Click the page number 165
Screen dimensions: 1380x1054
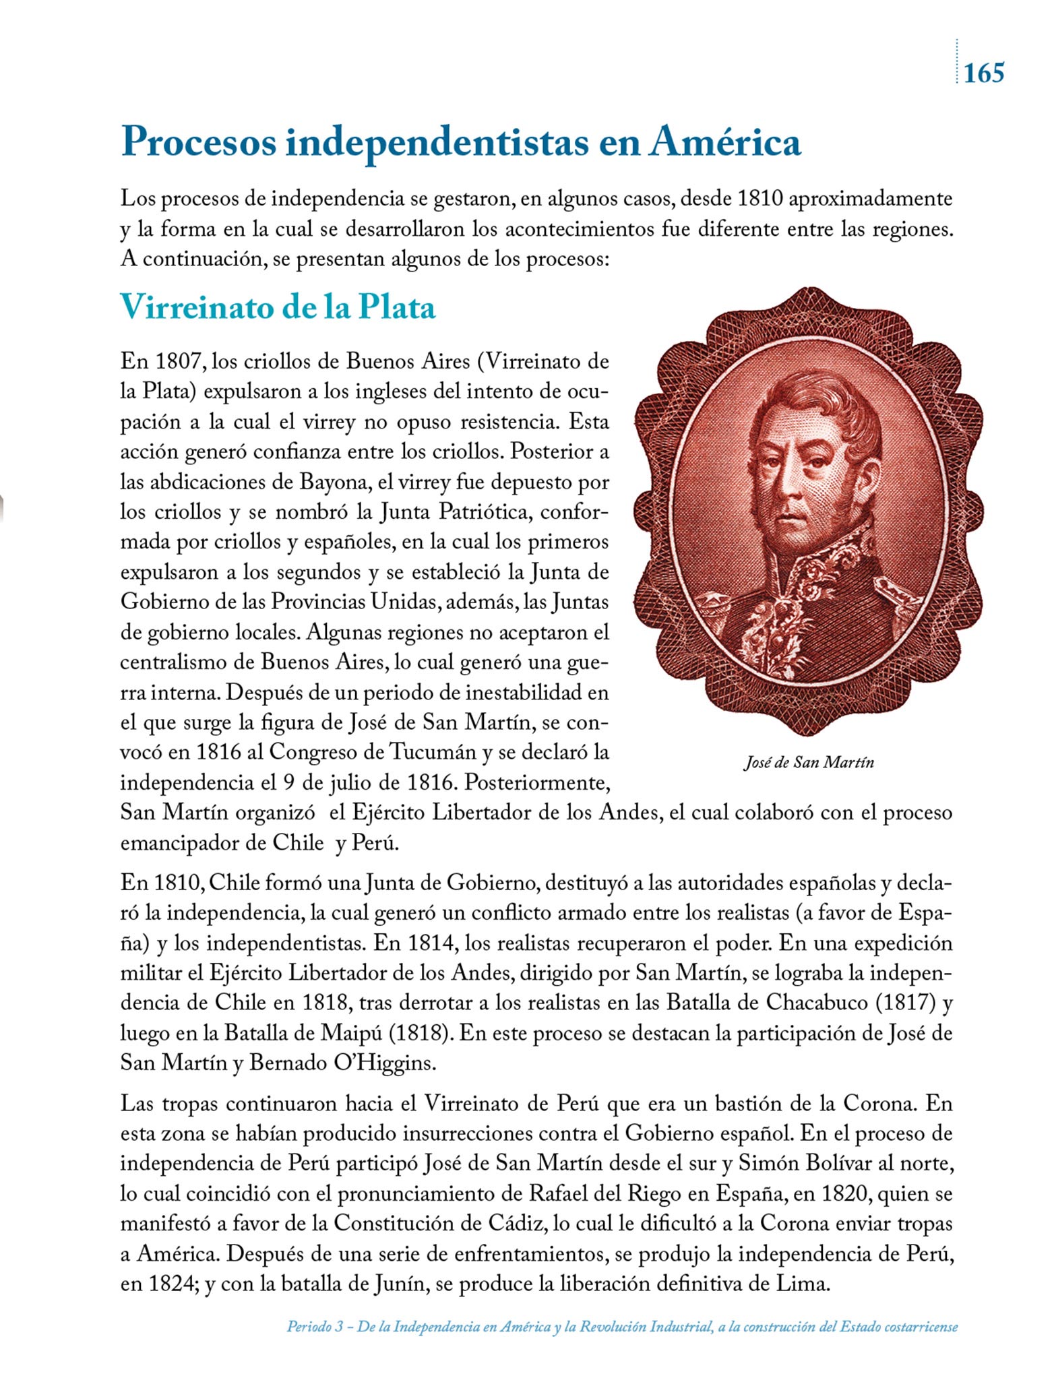984,72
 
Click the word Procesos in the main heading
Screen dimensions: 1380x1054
199,143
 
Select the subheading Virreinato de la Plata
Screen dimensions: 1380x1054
278,308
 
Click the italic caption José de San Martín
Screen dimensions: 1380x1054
808,762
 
